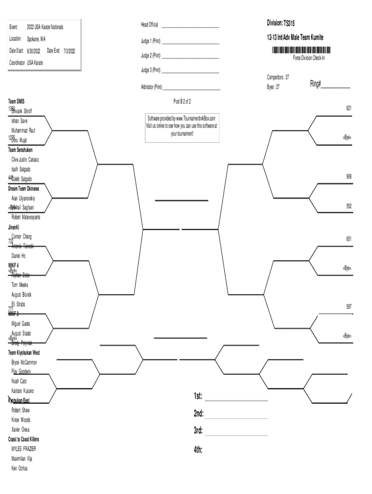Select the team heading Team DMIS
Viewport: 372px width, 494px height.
pos(16,101)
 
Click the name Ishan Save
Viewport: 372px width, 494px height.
pos(19,121)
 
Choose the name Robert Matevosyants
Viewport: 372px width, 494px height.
pos(26,217)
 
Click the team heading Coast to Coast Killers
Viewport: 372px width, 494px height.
pos(24,439)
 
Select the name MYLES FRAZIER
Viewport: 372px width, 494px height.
pos(24,449)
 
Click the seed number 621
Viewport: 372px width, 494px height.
pos(348,109)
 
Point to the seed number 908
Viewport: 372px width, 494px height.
pos(348,177)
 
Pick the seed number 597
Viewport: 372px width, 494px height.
pos(348,306)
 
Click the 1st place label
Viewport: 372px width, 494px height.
pos(198,397)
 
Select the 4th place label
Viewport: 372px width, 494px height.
pos(198,450)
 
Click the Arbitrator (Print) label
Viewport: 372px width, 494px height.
pos(151,87)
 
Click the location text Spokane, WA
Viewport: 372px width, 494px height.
pos(36,39)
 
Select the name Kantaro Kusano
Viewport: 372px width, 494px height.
pos(23,391)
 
